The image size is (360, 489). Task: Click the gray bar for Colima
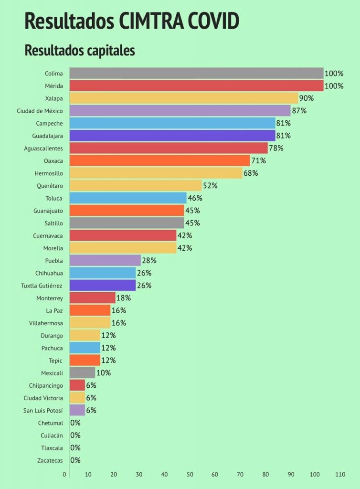coord(196,73)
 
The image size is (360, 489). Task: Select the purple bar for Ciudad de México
coord(180,111)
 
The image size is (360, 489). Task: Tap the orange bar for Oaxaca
coord(160,160)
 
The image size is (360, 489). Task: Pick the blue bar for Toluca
coord(128,198)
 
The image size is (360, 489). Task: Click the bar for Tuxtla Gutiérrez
coord(103,286)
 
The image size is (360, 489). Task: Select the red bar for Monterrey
coord(93,298)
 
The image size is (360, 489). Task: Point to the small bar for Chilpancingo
coord(77,385)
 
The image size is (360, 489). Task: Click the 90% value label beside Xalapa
coord(306,98)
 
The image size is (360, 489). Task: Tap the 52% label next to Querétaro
coord(210,186)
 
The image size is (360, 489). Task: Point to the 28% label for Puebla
coord(149,261)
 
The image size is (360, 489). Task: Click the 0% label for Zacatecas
coord(75,460)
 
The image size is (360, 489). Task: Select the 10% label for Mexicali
coord(104,373)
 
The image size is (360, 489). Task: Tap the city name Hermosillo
coord(49,173)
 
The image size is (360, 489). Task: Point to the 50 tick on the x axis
coord(190,475)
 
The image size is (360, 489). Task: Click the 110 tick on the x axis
coord(340,475)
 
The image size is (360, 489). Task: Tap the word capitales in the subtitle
coord(106,51)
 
